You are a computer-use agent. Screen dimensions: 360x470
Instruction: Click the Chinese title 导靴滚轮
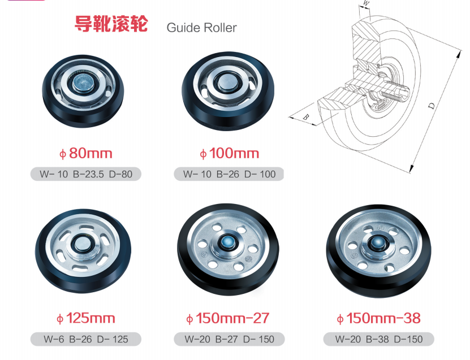pos(111,25)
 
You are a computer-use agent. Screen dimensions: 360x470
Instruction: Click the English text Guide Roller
pos(201,28)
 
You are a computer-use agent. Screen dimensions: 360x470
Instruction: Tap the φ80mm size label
pos(86,153)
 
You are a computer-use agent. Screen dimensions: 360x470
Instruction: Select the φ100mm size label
pos(229,153)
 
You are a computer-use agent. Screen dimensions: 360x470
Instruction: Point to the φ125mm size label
pos(86,318)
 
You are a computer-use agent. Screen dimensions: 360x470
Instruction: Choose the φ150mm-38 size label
pos(378,318)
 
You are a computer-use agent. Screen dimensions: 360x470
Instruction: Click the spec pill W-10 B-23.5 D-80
pos(86,174)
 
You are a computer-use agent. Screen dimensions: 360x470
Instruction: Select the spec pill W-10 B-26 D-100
pos(229,174)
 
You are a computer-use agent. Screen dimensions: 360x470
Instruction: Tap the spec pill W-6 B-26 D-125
pos(86,340)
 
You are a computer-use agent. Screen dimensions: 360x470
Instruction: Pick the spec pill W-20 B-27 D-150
pos(229,340)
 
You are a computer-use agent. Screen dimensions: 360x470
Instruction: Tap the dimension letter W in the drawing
pos(366,3)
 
